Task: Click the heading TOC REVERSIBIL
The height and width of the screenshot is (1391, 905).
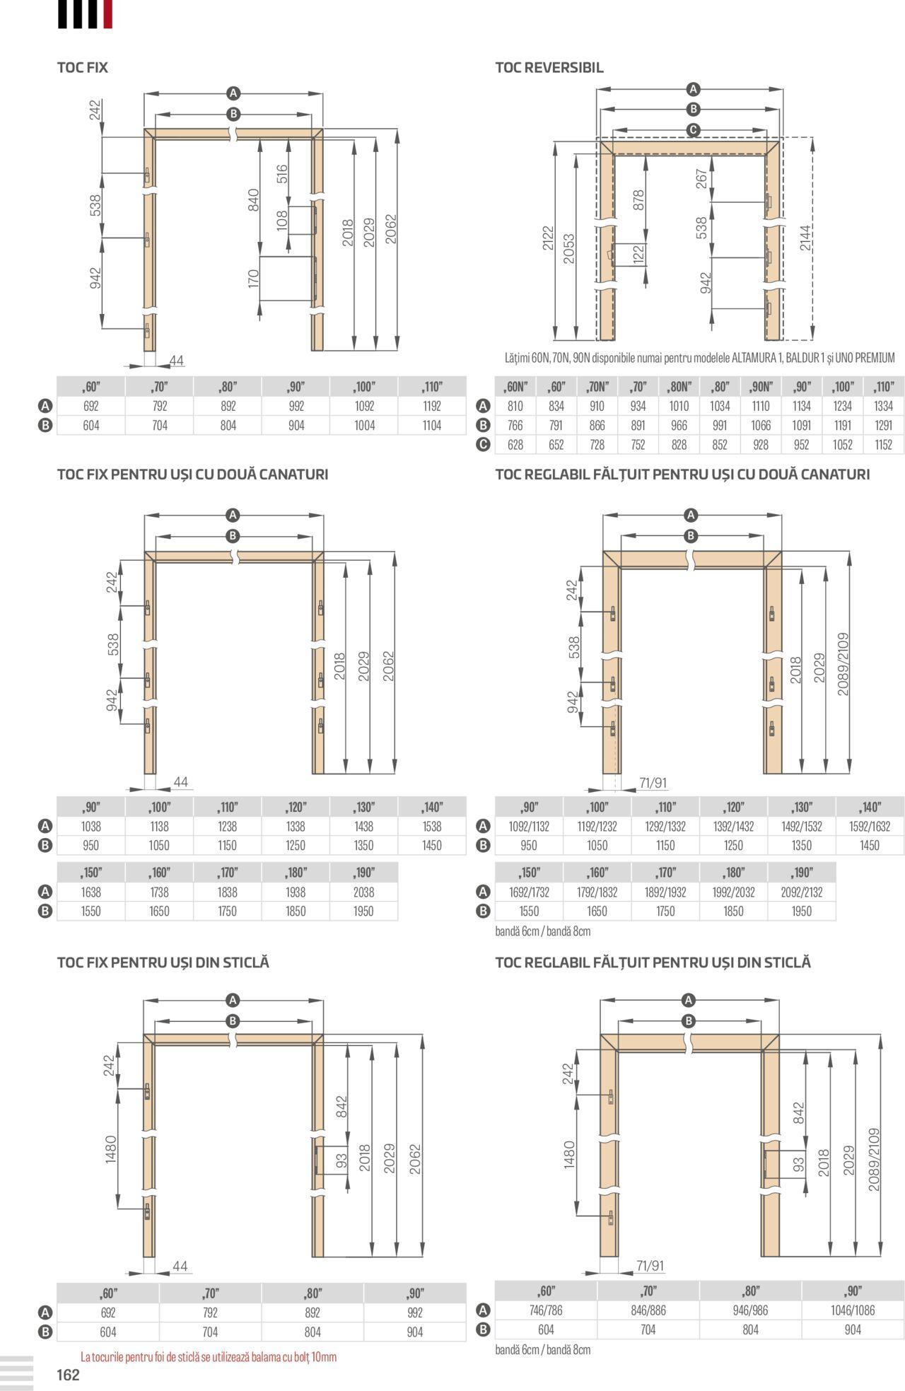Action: [549, 68]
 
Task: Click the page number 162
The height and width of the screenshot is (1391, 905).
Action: [69, 1375]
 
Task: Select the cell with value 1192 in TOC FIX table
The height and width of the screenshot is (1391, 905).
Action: [432, 406]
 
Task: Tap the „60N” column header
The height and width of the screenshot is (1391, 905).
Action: [515, 387]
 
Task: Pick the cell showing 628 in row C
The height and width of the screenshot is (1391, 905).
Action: [515, 444]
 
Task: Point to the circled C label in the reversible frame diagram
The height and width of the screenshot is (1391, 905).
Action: [694, 129]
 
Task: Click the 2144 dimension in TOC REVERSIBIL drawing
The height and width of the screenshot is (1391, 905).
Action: [806, 238]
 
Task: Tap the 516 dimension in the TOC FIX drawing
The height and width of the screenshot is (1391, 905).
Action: [282, 174]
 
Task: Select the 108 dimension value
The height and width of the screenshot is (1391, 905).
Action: [282, 220]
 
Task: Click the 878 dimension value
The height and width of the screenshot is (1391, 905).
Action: [638, 200]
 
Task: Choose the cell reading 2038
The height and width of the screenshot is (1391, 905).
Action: [363, 892]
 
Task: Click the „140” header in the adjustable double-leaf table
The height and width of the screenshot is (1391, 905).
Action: [870, 807]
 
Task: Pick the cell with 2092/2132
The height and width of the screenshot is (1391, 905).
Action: [802, 892]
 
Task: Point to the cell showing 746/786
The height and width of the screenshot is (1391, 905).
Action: [546, 1310]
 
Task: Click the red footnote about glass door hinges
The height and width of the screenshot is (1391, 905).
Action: [209, 1357]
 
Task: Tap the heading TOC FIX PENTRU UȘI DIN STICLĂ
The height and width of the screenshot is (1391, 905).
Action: [163, 962]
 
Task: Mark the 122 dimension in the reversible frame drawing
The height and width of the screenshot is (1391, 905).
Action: [638, 255]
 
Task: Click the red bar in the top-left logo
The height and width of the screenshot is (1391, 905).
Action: [107, 14]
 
